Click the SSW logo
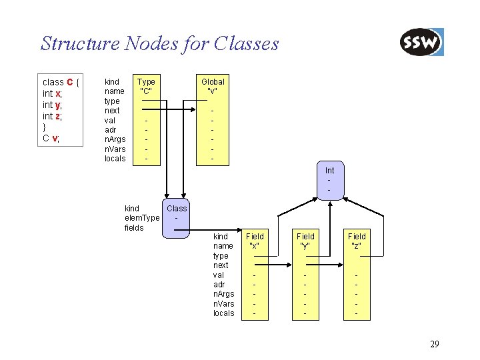click(x=421, y=43)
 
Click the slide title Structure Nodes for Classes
click(x=159, y=44)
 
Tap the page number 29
click(x=434, y=344)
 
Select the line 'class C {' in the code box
click(x=61, y=82)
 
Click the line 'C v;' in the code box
click(x=51, y=138)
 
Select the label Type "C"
click(x=146, y=86)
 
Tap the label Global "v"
click(x=213, y=86)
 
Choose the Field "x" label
click(x=255, y=241)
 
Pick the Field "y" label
click(x=305, y=241)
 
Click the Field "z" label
click(x=357, y=241)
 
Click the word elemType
click(x=142, y=218)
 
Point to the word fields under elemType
click(x=134, y=227)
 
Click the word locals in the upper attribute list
click(x=115, y=159)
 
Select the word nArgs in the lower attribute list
click(x=223, y=294)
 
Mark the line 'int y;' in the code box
click(x=52, y=105)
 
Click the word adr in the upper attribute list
click(x=111, y=130)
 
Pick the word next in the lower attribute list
click(x=221, y=265)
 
